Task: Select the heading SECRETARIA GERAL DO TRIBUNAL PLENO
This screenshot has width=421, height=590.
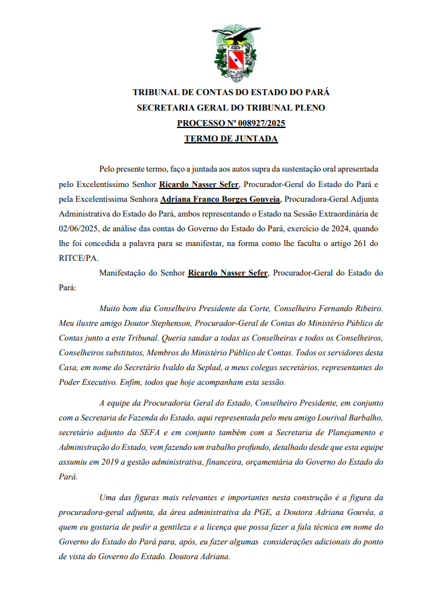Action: coord(231,108)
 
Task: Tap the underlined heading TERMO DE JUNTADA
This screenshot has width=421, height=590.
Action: coord(231,139)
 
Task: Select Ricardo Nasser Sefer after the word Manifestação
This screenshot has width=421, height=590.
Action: coord(228,273)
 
